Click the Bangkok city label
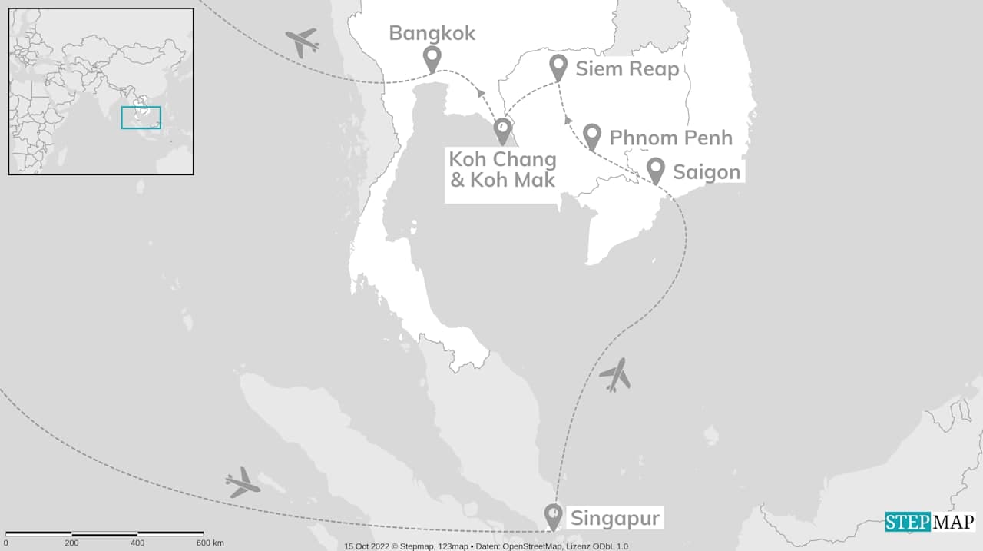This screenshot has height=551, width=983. pyautogui.click(x=432, y=33)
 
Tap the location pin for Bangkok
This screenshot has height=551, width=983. pyautogui.click(x=432, y=58)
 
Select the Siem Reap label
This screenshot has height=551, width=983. pyautogui.click(x=627, y=69)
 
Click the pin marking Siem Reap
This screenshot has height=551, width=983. pyautogui.click(x=559, y=67)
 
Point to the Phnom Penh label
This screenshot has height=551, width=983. pyautogui.click(x=670, y=138)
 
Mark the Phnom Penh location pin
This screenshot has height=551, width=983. pyautogui.click(x=591, y=135)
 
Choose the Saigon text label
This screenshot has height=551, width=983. pyautogui.click(x=707, y=172)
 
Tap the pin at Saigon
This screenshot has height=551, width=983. pyautogui.click(x=655, y=169)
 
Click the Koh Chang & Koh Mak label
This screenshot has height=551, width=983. pyautogui.click(x=502, y=170)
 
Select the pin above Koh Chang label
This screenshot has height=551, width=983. pyautogui.click(x=502, y=129)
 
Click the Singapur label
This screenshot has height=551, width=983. pyautogui.click(x=614, y=518)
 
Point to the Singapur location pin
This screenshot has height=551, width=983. pyautogui.click(x=552, y=515)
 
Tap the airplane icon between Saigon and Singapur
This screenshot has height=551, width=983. pyautogui.click(x=614, y=375)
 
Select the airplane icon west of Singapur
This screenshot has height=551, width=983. pyautogui.click(x=243, y=482)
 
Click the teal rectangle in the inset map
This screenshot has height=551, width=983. pyautogui.click(x=141, y=118)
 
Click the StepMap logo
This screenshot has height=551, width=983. pyautogui.click(x=929, y=522)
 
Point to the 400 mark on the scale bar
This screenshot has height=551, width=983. pyautogui.click(x=137, y=543)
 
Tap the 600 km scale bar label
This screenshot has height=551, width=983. pyautogui.click(x=209, y=543)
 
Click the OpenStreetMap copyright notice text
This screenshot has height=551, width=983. pyautogui.click(x=485, y=546)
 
